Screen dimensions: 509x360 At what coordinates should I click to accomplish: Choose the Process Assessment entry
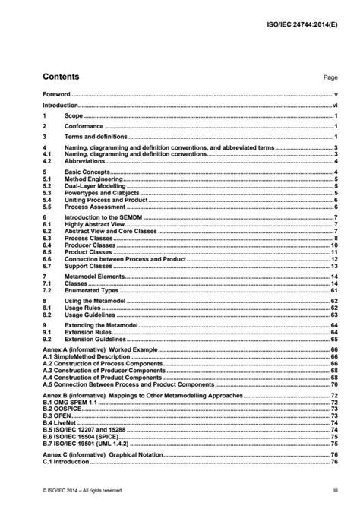click(x=93, y=207)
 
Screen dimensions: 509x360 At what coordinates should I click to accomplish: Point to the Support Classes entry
click(x=89, y=266)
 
